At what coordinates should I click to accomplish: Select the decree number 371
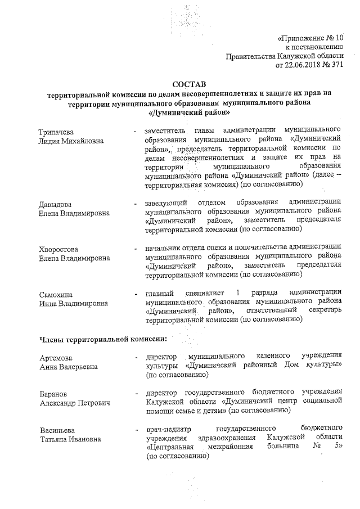(336, 65)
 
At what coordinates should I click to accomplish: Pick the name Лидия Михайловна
(71, 141)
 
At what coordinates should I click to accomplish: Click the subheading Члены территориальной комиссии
(102, 339)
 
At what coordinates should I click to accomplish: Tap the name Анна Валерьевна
(69, 367)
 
